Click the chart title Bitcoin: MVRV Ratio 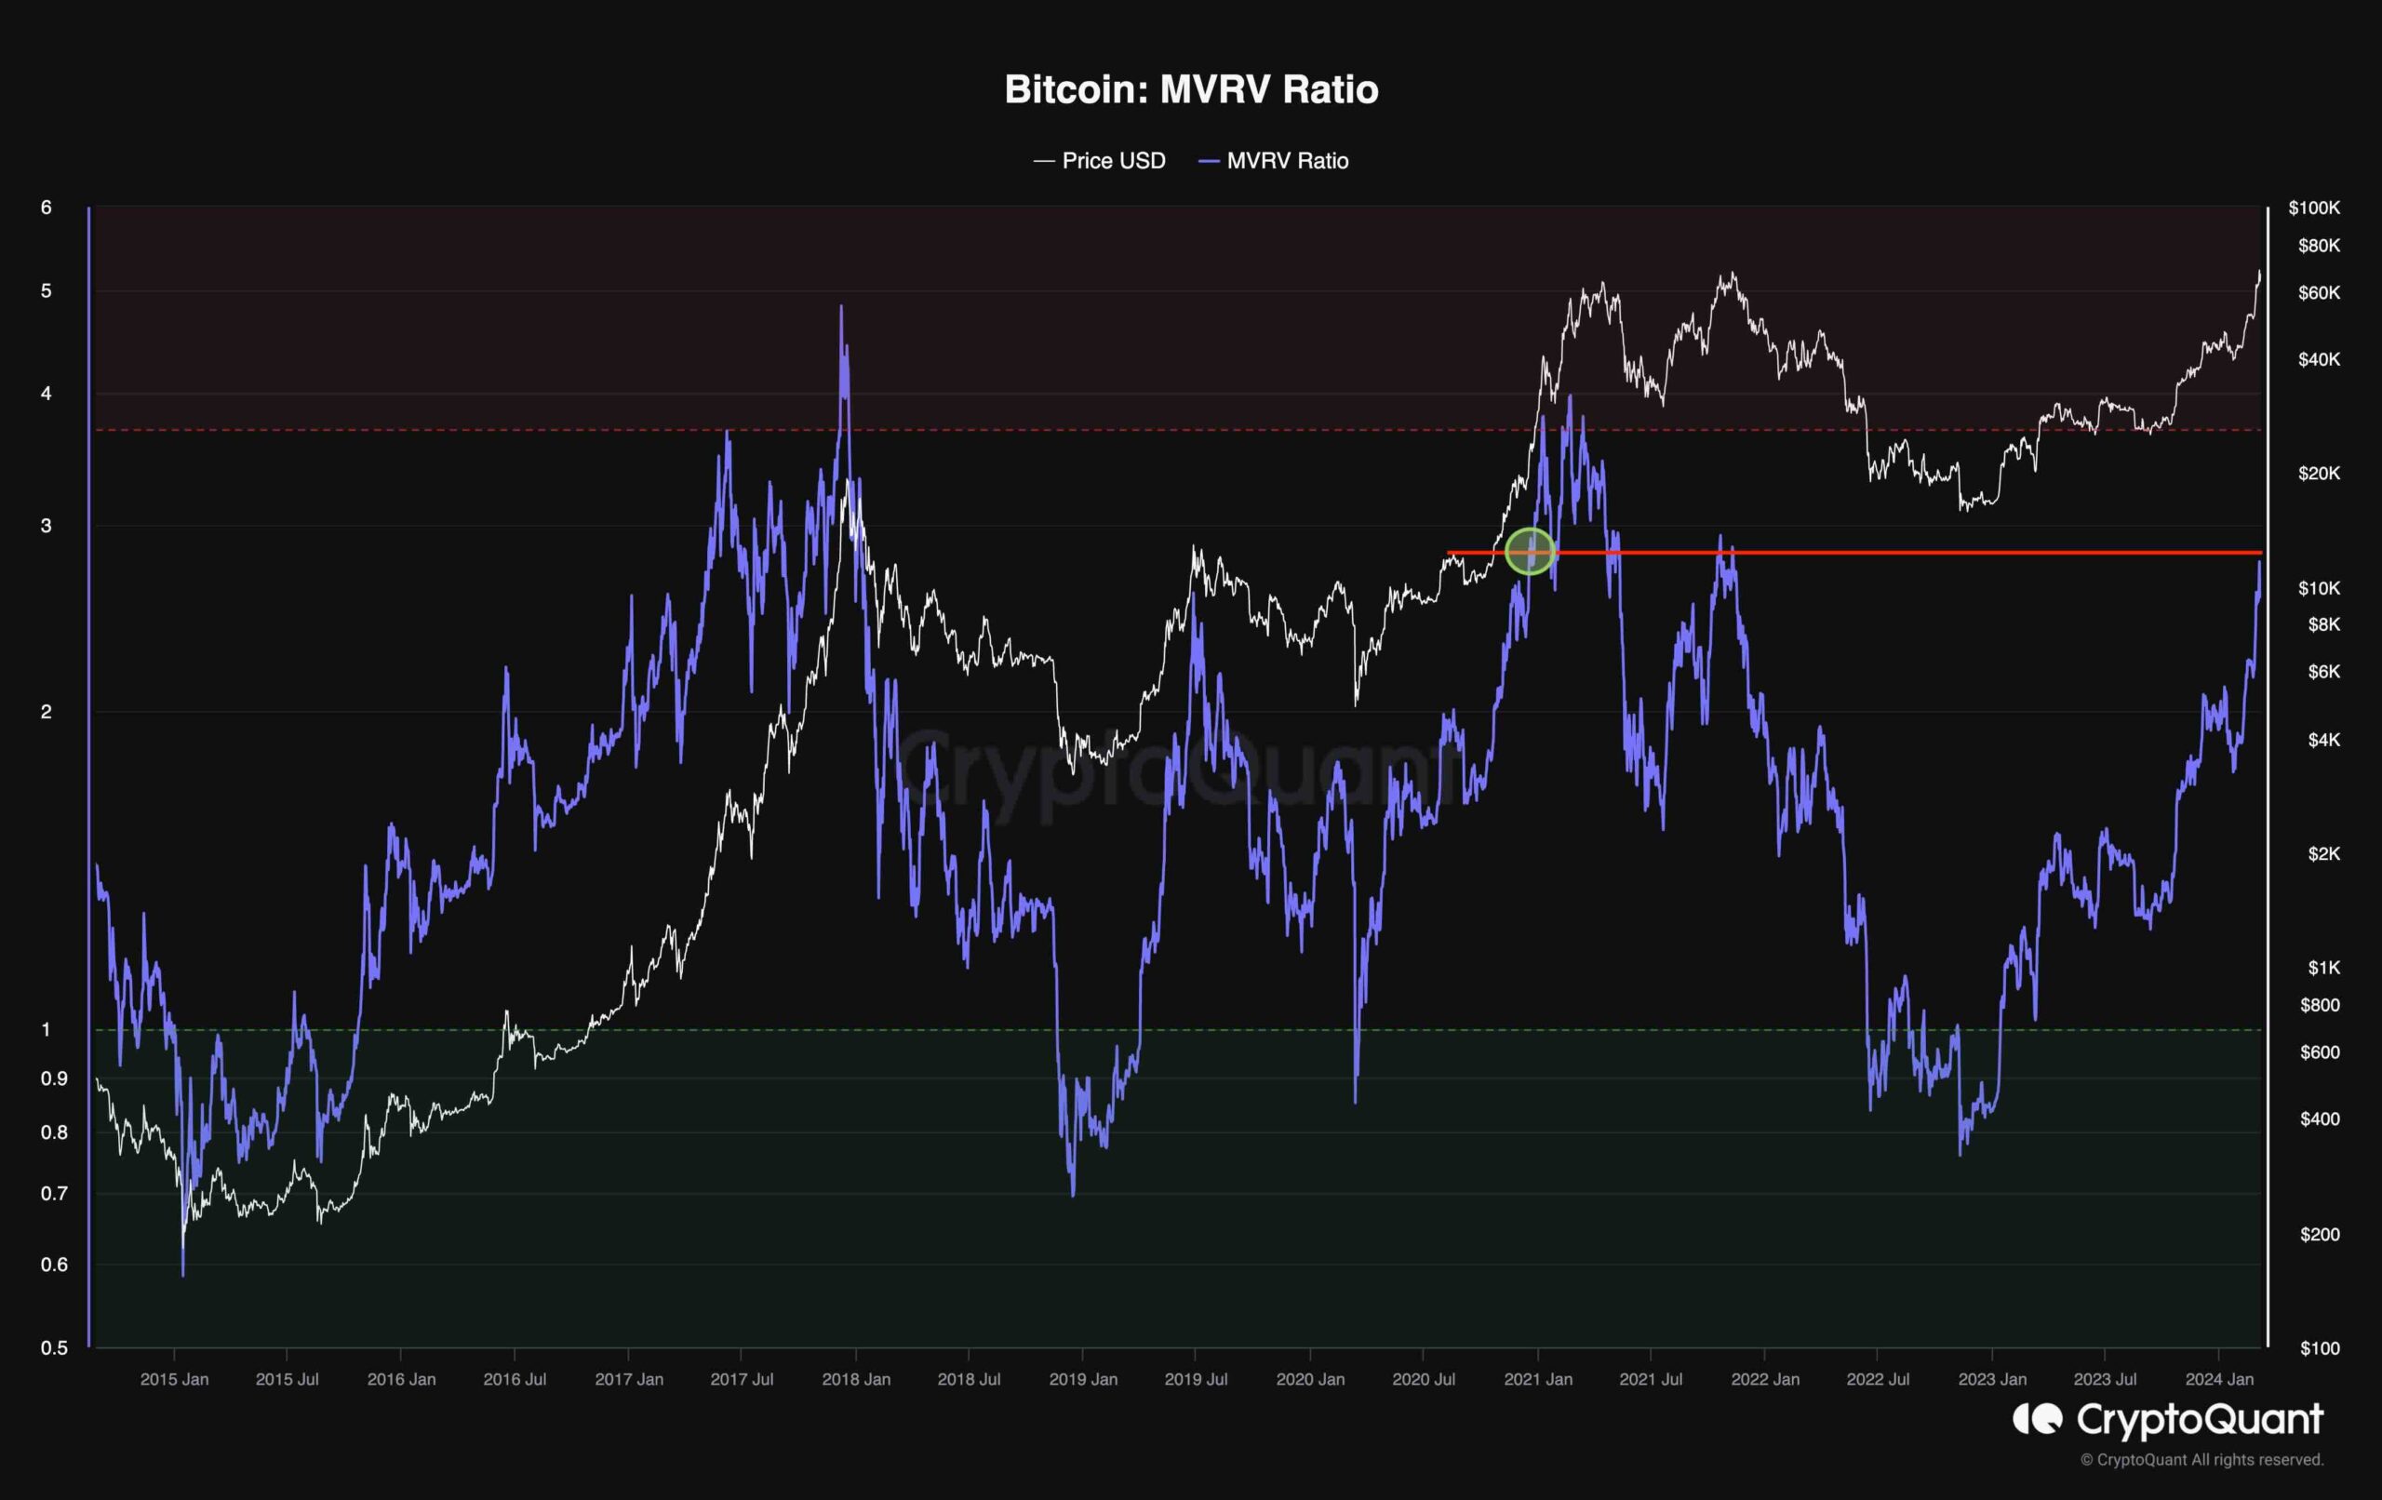[1191, 89]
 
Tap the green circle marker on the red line [1530, 551]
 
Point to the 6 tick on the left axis [46, 208]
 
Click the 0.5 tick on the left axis [54, 1347]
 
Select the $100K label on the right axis [2314, 208]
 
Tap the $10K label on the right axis [2319, 588]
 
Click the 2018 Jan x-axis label [856, 1379]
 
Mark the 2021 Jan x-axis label [1537, 1379]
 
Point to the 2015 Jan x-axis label [174, 1379]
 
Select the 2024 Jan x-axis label [2219, 1379]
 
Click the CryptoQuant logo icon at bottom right [2038, 1419]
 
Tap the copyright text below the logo [2201, 1459]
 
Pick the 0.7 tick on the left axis [54, 1193]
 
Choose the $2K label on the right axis [2323, 853]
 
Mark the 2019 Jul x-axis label [1196, 1379]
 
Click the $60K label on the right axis [2319, 293]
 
